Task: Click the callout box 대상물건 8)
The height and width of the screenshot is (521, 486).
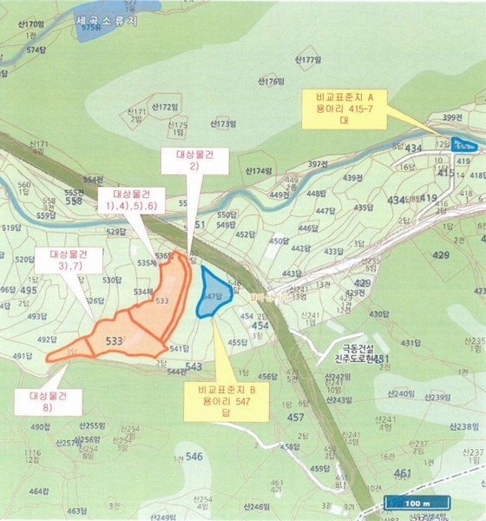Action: coord(48,400)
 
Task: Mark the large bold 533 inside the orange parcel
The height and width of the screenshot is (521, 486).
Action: coord(113,341)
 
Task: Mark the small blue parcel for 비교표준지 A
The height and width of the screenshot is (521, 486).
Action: coord(462,145)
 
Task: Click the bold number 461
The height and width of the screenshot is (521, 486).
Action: coord(402,472)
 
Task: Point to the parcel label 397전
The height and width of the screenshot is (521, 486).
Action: coord(318,163)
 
